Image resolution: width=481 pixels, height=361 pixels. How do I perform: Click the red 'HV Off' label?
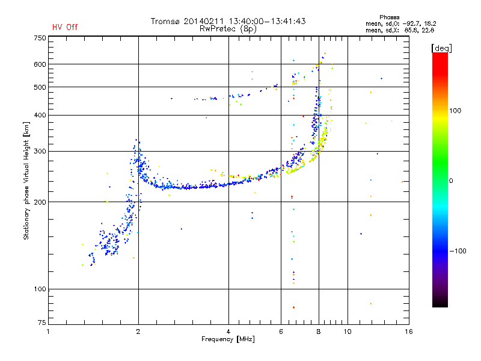65,27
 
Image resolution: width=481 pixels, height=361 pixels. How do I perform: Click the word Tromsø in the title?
165,21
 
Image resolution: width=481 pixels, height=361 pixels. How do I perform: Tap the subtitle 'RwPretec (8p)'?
228,29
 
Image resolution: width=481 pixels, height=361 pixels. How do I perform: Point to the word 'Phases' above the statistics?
389,17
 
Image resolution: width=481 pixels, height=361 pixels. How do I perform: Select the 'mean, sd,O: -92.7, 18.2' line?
400,23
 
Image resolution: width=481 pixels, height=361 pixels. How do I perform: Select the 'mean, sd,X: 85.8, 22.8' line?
400,30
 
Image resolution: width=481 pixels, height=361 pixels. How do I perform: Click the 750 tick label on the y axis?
40,38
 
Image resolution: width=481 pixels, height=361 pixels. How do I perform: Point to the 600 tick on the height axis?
40,64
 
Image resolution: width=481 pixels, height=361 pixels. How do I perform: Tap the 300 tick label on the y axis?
40,152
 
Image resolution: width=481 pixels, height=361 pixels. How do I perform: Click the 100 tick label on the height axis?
40,289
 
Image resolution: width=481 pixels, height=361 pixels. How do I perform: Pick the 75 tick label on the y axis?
42,322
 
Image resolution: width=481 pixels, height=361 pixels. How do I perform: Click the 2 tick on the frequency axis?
138,332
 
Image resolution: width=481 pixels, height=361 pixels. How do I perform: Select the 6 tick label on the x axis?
281,332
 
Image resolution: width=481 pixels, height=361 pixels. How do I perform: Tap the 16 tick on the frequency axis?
409,332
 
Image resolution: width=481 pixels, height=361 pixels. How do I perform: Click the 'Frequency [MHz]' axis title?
228,339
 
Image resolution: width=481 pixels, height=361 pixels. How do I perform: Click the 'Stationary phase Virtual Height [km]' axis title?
26,180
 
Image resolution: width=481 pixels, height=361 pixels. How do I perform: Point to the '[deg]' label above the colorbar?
441,49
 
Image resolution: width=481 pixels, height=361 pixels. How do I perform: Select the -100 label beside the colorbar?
458,251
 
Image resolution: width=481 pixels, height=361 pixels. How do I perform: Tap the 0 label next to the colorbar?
451,181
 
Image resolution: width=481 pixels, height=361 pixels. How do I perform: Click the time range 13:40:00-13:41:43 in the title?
267,21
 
